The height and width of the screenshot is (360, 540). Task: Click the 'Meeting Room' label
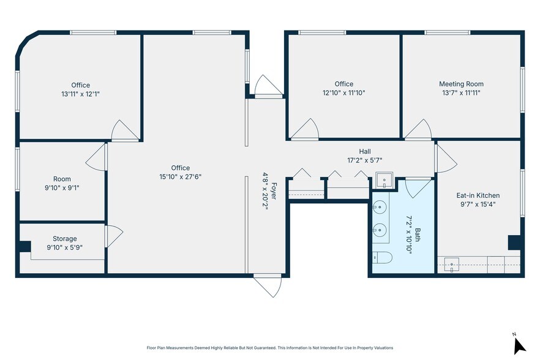[x=461, y=84]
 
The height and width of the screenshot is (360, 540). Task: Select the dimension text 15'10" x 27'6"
[x=180, y=176]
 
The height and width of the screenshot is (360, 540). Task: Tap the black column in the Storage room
[x=24, y=247]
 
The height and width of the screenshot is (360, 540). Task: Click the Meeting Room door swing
[x=419, y=129]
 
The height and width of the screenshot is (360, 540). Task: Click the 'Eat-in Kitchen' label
[x=478, y=196]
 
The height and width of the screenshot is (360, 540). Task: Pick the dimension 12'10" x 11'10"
[x=343, y=93]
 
